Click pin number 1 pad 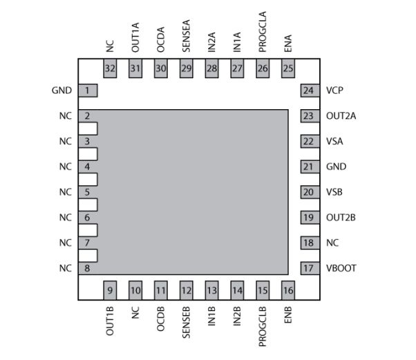coord(87,91)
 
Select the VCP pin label coord(335,91)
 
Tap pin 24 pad coord(308,91)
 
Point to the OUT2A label coord(341,116)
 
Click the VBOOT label coord(341,268)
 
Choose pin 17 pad coord(308,268)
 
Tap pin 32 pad coord(110,68)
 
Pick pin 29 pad coord(187,68)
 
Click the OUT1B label coord(110,321)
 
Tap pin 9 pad coord(110,290)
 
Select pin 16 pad coord(288,290)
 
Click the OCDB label coord(161,320)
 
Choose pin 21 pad coord(308,167)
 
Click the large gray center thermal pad coord(193,190)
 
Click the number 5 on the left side coord(87,192)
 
